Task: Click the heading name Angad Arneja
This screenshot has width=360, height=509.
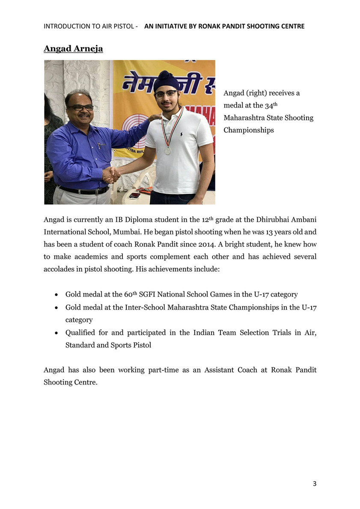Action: [x=73, y=48]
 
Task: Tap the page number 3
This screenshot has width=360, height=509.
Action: [x=315, y=484]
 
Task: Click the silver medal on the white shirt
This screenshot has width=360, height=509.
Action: [x=168, y=151]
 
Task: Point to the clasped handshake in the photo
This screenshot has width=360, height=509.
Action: [x=111, y=175]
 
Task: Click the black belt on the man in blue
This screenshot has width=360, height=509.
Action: [x=84, y=189]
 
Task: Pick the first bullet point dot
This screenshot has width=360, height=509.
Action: [x=57, y=295]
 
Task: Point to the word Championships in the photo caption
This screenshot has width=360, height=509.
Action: [x=249, y=130]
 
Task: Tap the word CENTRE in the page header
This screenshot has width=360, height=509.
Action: [x=292, y=26]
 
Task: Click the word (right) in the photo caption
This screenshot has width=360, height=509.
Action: [x=255, y=93]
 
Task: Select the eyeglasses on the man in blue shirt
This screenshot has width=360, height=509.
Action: [x=80, y=108]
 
